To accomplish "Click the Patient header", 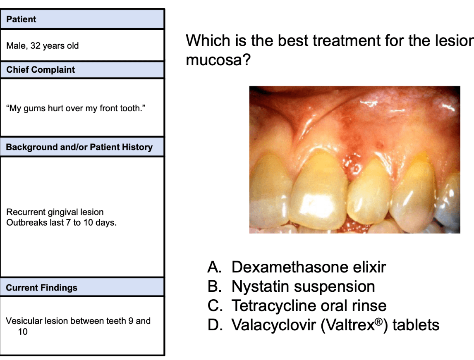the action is coord(21,19).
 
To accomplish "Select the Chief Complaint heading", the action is coord(41,70).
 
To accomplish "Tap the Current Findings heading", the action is coord(41,288).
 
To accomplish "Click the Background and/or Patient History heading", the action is coord(79,147).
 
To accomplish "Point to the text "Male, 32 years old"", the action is coord(42,45).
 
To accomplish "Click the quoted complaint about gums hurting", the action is coord(76,108).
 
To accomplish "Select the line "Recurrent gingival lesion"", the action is coord(55,212).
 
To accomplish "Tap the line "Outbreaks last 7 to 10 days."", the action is coord(61,223).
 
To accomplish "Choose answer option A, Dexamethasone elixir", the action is coord(297,267).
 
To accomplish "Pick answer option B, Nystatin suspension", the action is coord(291,286).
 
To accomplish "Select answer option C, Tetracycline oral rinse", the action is coord(297,305).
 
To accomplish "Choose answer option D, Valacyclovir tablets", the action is coord(323,325).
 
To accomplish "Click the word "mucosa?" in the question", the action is coord(218,60).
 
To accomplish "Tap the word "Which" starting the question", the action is coord(208,41).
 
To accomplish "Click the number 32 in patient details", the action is coord(36,45).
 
